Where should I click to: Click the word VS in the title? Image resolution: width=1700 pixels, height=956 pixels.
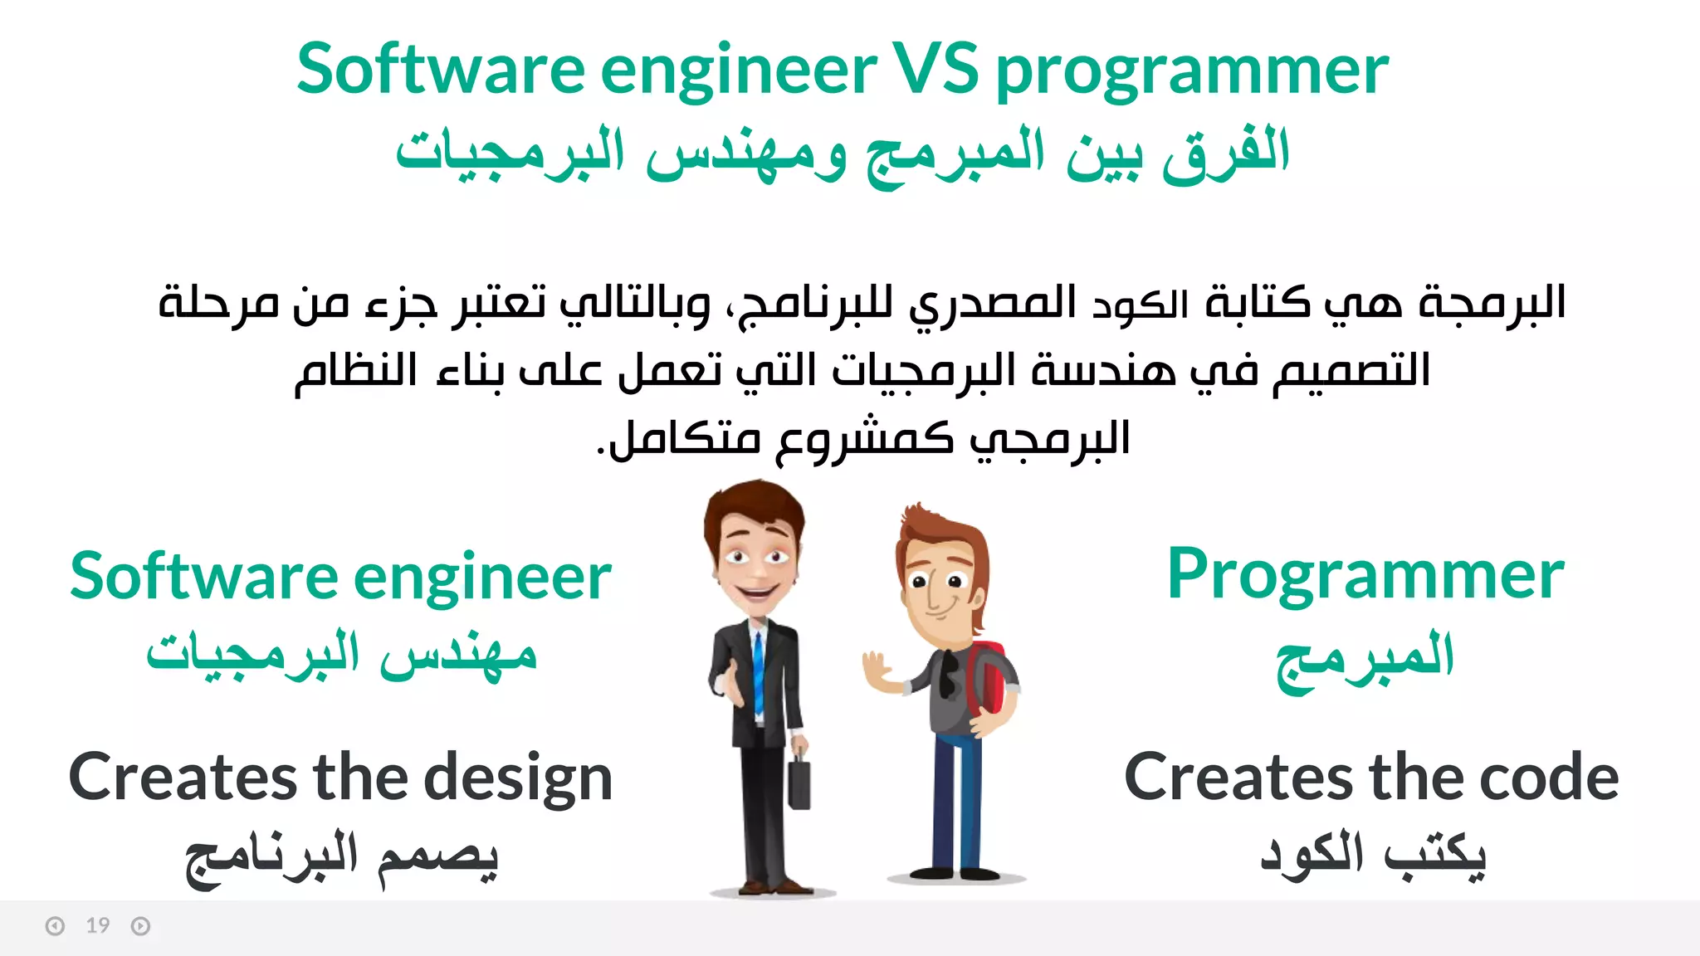pyautogui.click(x=935, y=70)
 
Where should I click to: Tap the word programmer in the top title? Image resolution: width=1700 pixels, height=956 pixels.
pyautogui.click(x=1191, y=73)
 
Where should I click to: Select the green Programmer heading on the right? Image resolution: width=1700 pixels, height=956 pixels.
pyautogui.click(x=1365, y=576)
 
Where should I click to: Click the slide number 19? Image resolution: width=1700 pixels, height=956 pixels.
pyautogui.click(x=98, y=925)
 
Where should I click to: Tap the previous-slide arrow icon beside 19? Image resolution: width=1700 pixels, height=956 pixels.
pyautogui.click(x=55, y=926)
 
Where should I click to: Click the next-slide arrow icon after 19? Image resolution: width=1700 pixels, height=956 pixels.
pyautogui.click(x=140, y=926)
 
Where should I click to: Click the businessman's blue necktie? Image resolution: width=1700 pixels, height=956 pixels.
pyautogui.click(x=759, y=672)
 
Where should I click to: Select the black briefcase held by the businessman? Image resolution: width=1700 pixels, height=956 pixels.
pyautogui.click(x=799, y=782)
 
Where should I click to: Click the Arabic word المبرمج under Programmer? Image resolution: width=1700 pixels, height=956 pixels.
pyautogui.click(x=1365, y=660)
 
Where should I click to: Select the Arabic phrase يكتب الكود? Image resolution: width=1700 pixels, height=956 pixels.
pyautogui.click(x=1373, y=855)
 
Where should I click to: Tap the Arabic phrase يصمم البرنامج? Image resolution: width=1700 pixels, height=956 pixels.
pyautogui.click(x=341, y=858)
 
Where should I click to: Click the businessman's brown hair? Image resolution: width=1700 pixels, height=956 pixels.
pyautogui.click(x=751, y=506)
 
